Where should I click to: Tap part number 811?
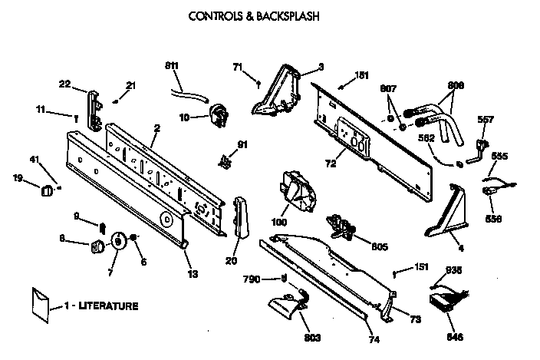[173, 67]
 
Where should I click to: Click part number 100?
[279, 223]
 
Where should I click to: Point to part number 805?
[379, 247]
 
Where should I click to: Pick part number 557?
[486, 119]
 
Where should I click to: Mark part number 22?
[65, 84]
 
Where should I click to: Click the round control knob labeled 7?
[119, 241]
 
